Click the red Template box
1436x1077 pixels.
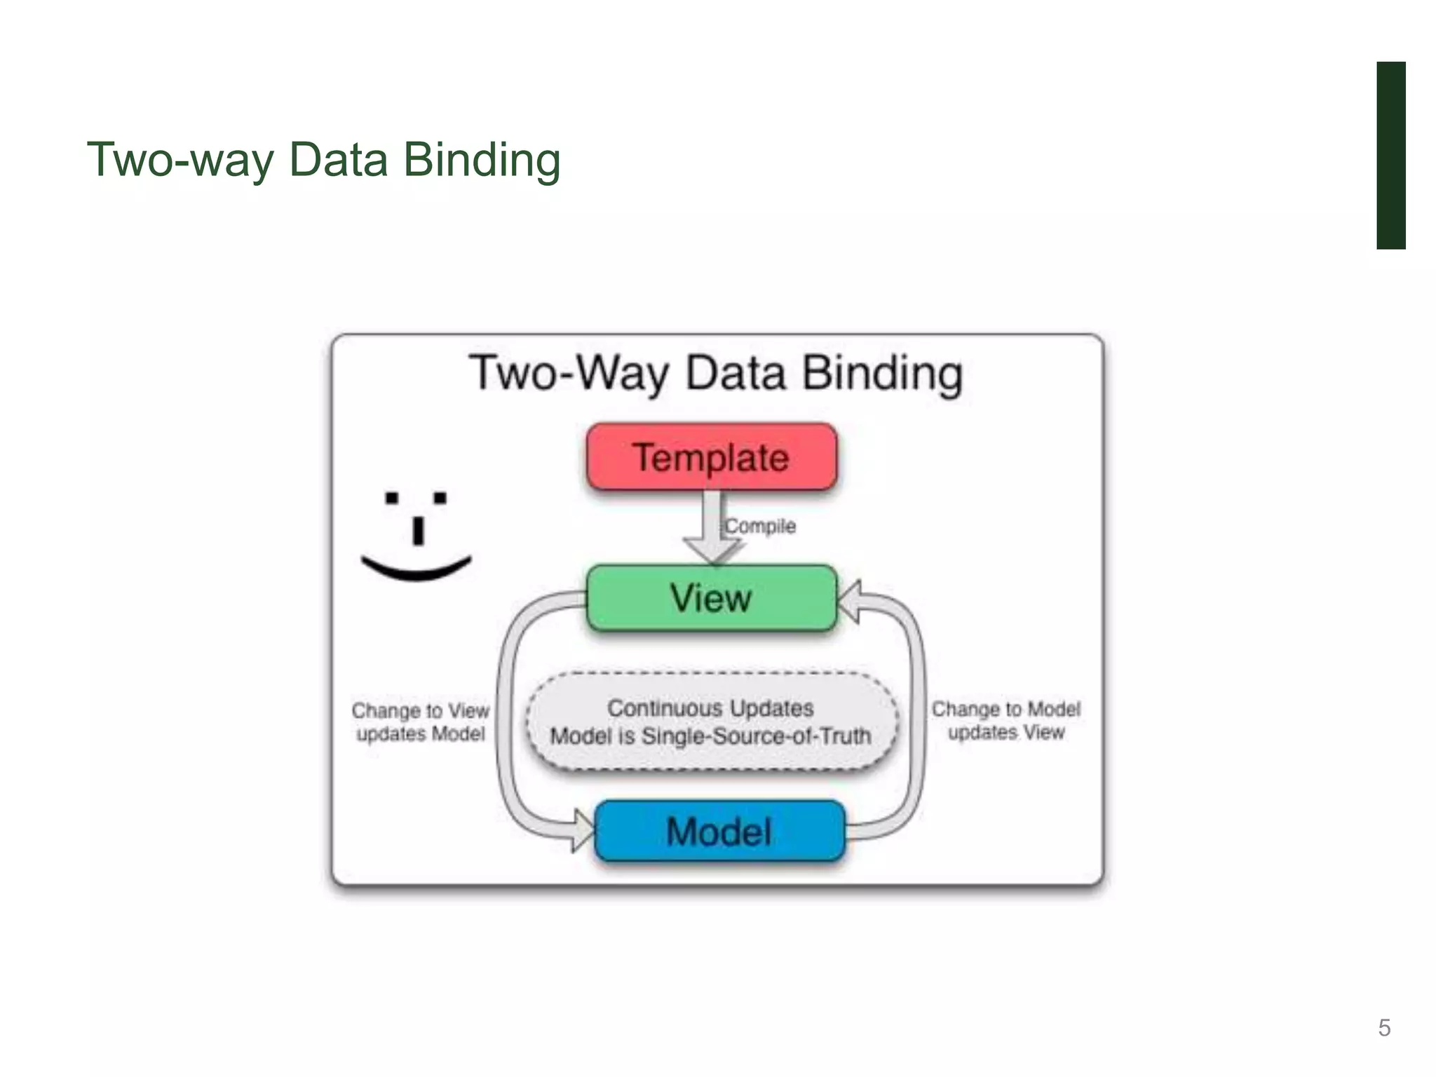pos(712,456)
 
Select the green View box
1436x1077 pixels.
pos(712,598)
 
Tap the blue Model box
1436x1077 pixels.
pos(719,832)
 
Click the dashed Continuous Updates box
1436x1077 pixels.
pos(711,722)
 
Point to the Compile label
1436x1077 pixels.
pos(761,526)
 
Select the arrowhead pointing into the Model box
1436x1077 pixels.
pos(583,831)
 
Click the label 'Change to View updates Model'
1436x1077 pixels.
pos(421,722)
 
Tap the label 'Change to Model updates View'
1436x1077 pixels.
pos(1006,721)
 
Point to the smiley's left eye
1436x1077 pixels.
pos(392,499)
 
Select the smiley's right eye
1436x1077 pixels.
pos(440,499)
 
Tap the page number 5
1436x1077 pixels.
pos(1384,1028)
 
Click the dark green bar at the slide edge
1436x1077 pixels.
pos(1390,155)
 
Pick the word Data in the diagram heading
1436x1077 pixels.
pos(736,374)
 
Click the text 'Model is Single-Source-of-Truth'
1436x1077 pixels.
pos(711,736)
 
